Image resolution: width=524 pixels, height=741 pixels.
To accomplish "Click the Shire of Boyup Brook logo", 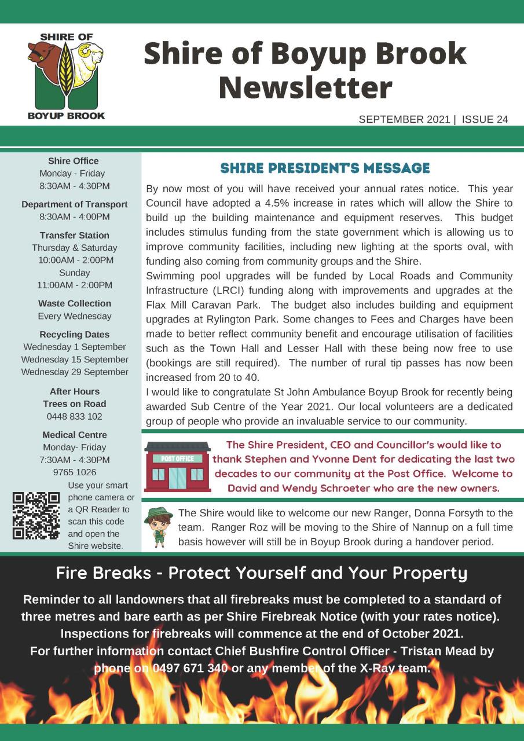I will coord(67,75).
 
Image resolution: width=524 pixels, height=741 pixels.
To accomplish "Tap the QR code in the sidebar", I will coord(36,515).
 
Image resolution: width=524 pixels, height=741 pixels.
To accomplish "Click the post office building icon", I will coord(177,467).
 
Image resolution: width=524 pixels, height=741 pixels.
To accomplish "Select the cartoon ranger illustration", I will coord(159,527).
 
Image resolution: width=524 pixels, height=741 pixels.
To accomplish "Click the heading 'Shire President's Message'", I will coord(325,168).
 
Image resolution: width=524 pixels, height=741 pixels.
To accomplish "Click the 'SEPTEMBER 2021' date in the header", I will coord(404,120).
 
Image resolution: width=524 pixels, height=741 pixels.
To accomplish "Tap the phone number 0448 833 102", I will coord(75,416).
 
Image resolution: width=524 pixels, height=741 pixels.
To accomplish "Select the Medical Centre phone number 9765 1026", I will coord(75,472).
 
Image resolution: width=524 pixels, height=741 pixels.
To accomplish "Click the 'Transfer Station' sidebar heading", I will coord(75,235).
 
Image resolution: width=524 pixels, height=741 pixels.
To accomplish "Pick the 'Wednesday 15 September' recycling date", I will coord(75,360).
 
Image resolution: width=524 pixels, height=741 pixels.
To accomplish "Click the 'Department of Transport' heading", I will coord(75,204).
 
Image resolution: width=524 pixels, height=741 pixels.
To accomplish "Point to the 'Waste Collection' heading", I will coord(75,303).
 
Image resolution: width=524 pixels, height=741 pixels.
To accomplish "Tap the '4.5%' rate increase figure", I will coord(274,203).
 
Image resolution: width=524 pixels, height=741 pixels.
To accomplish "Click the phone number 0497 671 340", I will coord(190,667).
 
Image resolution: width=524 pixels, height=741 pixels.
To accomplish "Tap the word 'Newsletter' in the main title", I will coord(305,88).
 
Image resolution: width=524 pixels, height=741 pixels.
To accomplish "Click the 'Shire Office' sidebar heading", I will coord(74,161).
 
